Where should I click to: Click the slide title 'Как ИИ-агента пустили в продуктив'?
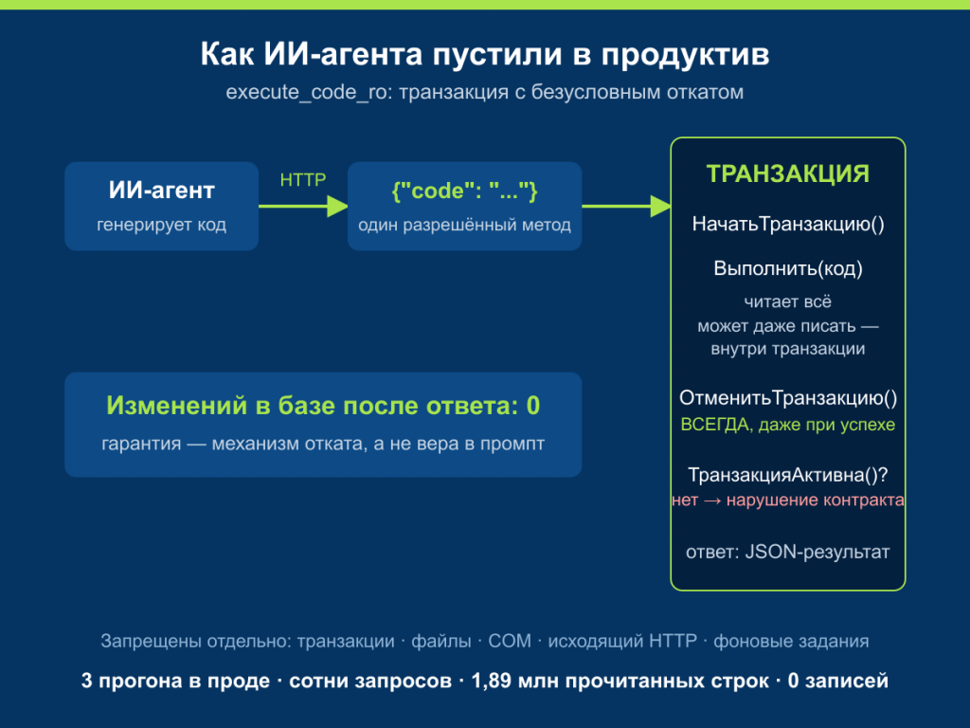[485, 54]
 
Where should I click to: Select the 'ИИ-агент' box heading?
[161, 190]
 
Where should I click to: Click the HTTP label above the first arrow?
[303, 179]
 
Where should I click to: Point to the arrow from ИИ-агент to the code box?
[303, 206]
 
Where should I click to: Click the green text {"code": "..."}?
[464, 191]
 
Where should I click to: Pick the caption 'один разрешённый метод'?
[464, 225]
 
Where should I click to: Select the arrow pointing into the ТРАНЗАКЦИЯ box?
[627, 206]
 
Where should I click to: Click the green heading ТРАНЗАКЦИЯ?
[787, 174]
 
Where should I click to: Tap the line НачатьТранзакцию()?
[788, 224]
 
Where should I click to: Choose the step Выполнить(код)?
[788, 268]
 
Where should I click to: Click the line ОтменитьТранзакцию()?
[788, 398]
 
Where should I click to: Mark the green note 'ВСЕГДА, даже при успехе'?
[788, 425]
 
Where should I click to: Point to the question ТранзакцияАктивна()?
[788, 475]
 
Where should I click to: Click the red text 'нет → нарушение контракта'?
[788, 500]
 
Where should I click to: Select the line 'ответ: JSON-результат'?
[788, 552]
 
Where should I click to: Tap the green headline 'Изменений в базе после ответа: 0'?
[323, 406]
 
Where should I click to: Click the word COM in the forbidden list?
[510, 641]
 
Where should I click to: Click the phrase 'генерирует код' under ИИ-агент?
[161, 225]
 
